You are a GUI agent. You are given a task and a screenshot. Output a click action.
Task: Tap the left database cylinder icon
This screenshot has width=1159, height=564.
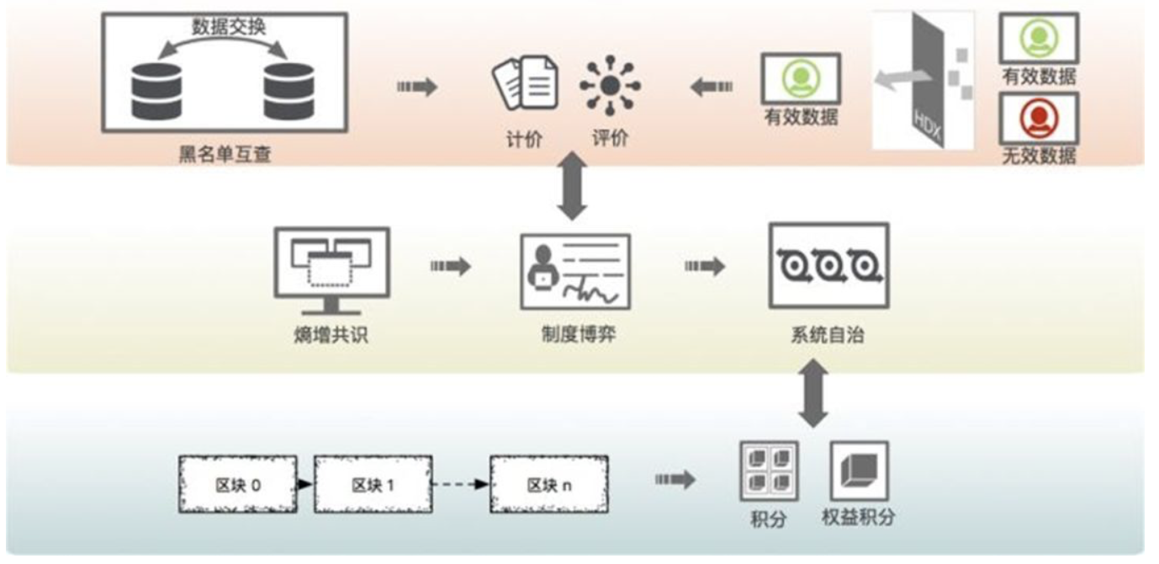coord(156,90)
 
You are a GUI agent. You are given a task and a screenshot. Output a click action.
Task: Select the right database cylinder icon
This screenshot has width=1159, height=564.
coord(288,90)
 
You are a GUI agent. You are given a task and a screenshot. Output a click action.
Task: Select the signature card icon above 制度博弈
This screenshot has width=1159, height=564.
coord(575,270)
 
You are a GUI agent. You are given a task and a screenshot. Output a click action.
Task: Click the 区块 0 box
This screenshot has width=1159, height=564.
coord(238,484)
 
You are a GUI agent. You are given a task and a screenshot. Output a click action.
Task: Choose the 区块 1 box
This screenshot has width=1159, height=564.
coord(373,484)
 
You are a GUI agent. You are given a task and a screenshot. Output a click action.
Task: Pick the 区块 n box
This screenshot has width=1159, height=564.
coord(548,484)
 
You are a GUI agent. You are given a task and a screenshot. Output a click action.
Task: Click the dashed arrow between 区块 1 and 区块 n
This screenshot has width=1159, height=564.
coord(461,484)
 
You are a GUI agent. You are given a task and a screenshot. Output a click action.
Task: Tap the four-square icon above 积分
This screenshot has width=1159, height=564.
coord(768,471)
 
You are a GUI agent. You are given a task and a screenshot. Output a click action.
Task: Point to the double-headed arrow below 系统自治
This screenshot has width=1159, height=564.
coord(812,393)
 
